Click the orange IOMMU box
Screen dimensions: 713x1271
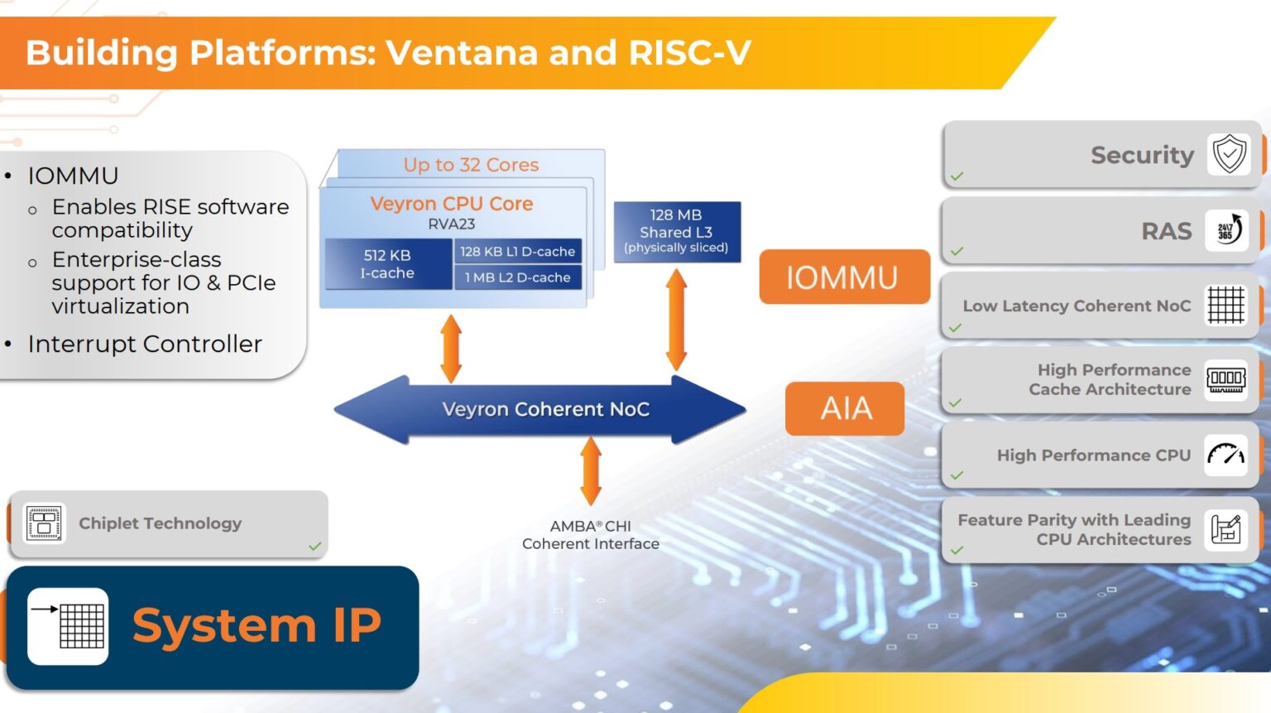843,277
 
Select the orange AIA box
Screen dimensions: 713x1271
845,408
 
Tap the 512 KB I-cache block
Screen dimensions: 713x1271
387,264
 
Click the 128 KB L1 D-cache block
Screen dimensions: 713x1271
517,251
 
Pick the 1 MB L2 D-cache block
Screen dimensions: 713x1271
517,277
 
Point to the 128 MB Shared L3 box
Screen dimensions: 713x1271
676,231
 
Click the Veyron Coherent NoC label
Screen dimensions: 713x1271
545,409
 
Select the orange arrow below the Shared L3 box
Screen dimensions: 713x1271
676,320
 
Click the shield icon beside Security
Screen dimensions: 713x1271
1229,154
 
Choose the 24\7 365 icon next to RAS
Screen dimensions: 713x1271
1227,230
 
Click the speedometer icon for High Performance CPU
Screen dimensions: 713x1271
1225,455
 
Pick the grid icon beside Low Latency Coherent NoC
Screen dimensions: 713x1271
1225,305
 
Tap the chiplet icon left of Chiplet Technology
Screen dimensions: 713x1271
44,523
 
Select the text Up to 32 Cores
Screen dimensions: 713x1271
471,165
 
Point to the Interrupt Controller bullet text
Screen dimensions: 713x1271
145,344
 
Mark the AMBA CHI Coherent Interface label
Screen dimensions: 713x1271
591,535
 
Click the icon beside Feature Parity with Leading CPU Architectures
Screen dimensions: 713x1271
1225,529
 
